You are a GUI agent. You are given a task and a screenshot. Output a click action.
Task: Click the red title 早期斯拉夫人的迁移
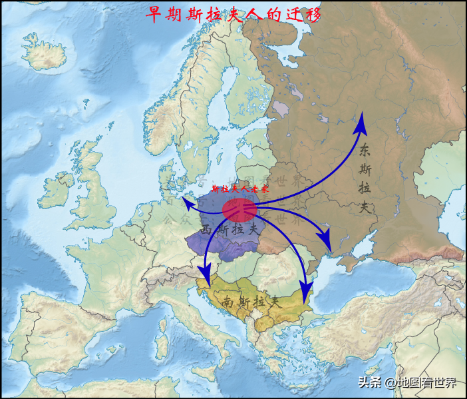pyautogui.click(x=233, y=14)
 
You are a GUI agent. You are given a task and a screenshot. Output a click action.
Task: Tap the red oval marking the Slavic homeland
pyautogui.click(x=239, y=210)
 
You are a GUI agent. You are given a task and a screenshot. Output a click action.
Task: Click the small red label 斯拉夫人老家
pyautogui.click(x=239, y=189)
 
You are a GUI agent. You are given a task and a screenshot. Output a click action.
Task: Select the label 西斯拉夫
pyautogui.click(x=230, y=228)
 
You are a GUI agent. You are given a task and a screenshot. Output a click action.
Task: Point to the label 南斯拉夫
pyautogui.click(x=252, y=301)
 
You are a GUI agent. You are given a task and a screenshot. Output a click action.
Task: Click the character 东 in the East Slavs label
pyautogui.click(x=364, y=150)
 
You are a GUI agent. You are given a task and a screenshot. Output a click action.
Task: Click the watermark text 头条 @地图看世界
pyautogui.click(x=407, y=382)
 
